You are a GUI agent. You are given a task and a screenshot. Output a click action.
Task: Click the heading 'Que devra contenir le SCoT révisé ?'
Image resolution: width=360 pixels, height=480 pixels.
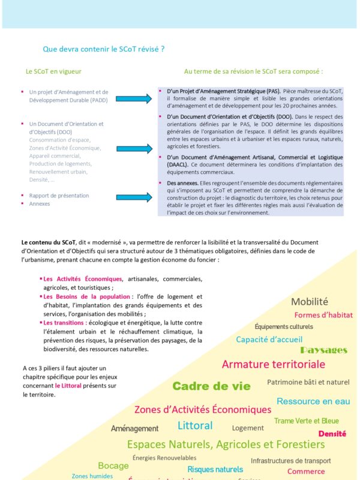pyautogui.click(x=104, y=49)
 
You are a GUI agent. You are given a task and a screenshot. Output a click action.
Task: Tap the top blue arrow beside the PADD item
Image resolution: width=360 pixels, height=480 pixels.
pyautogui.click(x=133, y=99)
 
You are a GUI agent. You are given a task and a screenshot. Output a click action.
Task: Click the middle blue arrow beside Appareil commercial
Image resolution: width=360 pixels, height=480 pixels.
pyautogui.click(x=133, y=148)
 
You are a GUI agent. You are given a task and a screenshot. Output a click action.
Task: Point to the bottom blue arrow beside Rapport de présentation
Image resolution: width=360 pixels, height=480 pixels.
pyautogui.click(x=133, y=197)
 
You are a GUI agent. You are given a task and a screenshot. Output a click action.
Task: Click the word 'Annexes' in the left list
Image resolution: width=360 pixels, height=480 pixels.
pyautogui.click(x=40, y=204)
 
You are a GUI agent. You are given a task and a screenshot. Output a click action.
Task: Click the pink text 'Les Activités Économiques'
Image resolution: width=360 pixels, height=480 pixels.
pyautogui.click(x=83, y=279)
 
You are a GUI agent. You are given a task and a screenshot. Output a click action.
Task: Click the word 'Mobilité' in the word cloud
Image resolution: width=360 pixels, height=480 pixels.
pyautogui.click(x=310, y=302)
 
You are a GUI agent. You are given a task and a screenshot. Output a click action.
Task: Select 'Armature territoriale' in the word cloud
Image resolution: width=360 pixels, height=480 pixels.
pyautogui.click(x=273, y=364)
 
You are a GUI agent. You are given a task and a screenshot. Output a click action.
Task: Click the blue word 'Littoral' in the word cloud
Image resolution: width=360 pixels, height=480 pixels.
pyautogui.click(x=195, y=425)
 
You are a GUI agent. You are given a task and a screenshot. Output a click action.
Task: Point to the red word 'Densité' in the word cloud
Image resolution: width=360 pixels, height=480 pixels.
pyautogui.click(x=332, y=433)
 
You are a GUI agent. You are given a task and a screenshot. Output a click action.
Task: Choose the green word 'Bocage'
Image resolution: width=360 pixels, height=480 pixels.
pyautogui.click(x=113, y=466)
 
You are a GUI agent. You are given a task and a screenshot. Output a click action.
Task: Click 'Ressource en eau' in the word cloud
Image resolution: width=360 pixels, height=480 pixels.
pyautogui.click(x=313, y=401)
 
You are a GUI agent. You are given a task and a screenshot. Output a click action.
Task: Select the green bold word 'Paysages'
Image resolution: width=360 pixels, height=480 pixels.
pyautogui.click(x=323, y=350)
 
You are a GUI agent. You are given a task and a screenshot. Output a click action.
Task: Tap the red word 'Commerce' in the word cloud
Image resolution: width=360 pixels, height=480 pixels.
pyautogui.click(x=306, y=472)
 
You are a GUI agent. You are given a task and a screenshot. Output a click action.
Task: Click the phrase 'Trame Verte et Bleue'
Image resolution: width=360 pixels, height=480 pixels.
pyautogui.click(x=307, y=421)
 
